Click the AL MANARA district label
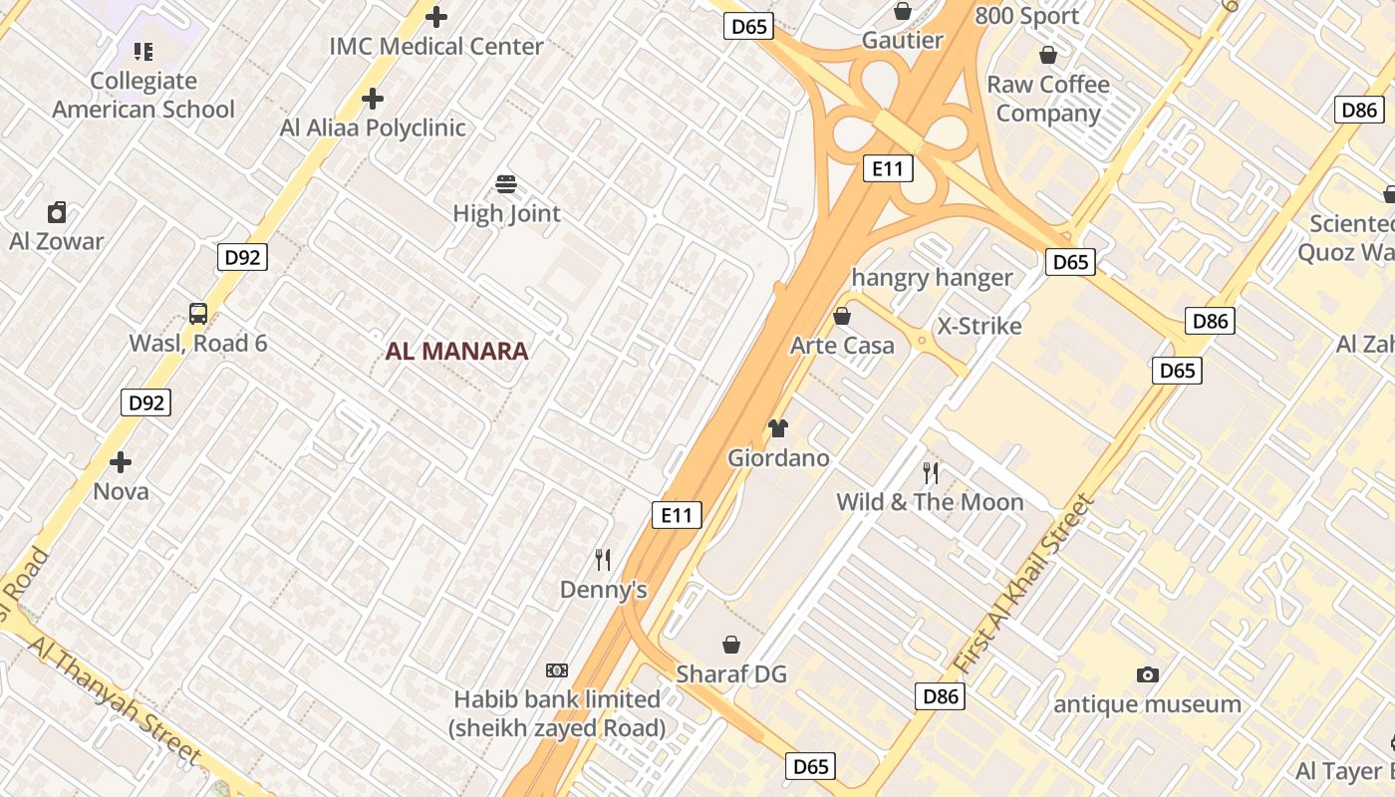pos(456,351)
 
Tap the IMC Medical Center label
pos(436,46)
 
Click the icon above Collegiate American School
pos(143,51)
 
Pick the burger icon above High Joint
pos(506,184)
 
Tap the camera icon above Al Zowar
pos(57,212)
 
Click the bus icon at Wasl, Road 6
pos(198,314)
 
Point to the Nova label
pos(121,491)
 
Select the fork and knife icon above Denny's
pos(603,559)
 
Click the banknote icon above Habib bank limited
pos(557,670)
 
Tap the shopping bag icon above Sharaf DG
pos(731,645)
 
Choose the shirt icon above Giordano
pos(778,428)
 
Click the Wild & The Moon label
pos(930,501)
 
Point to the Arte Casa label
pos(842,346)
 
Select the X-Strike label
pos(979,326)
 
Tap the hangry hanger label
pos(932,278)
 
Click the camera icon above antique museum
pos(1148,675)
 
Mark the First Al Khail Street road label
pos(1023,583)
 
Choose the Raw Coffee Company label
pos(1048,99)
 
